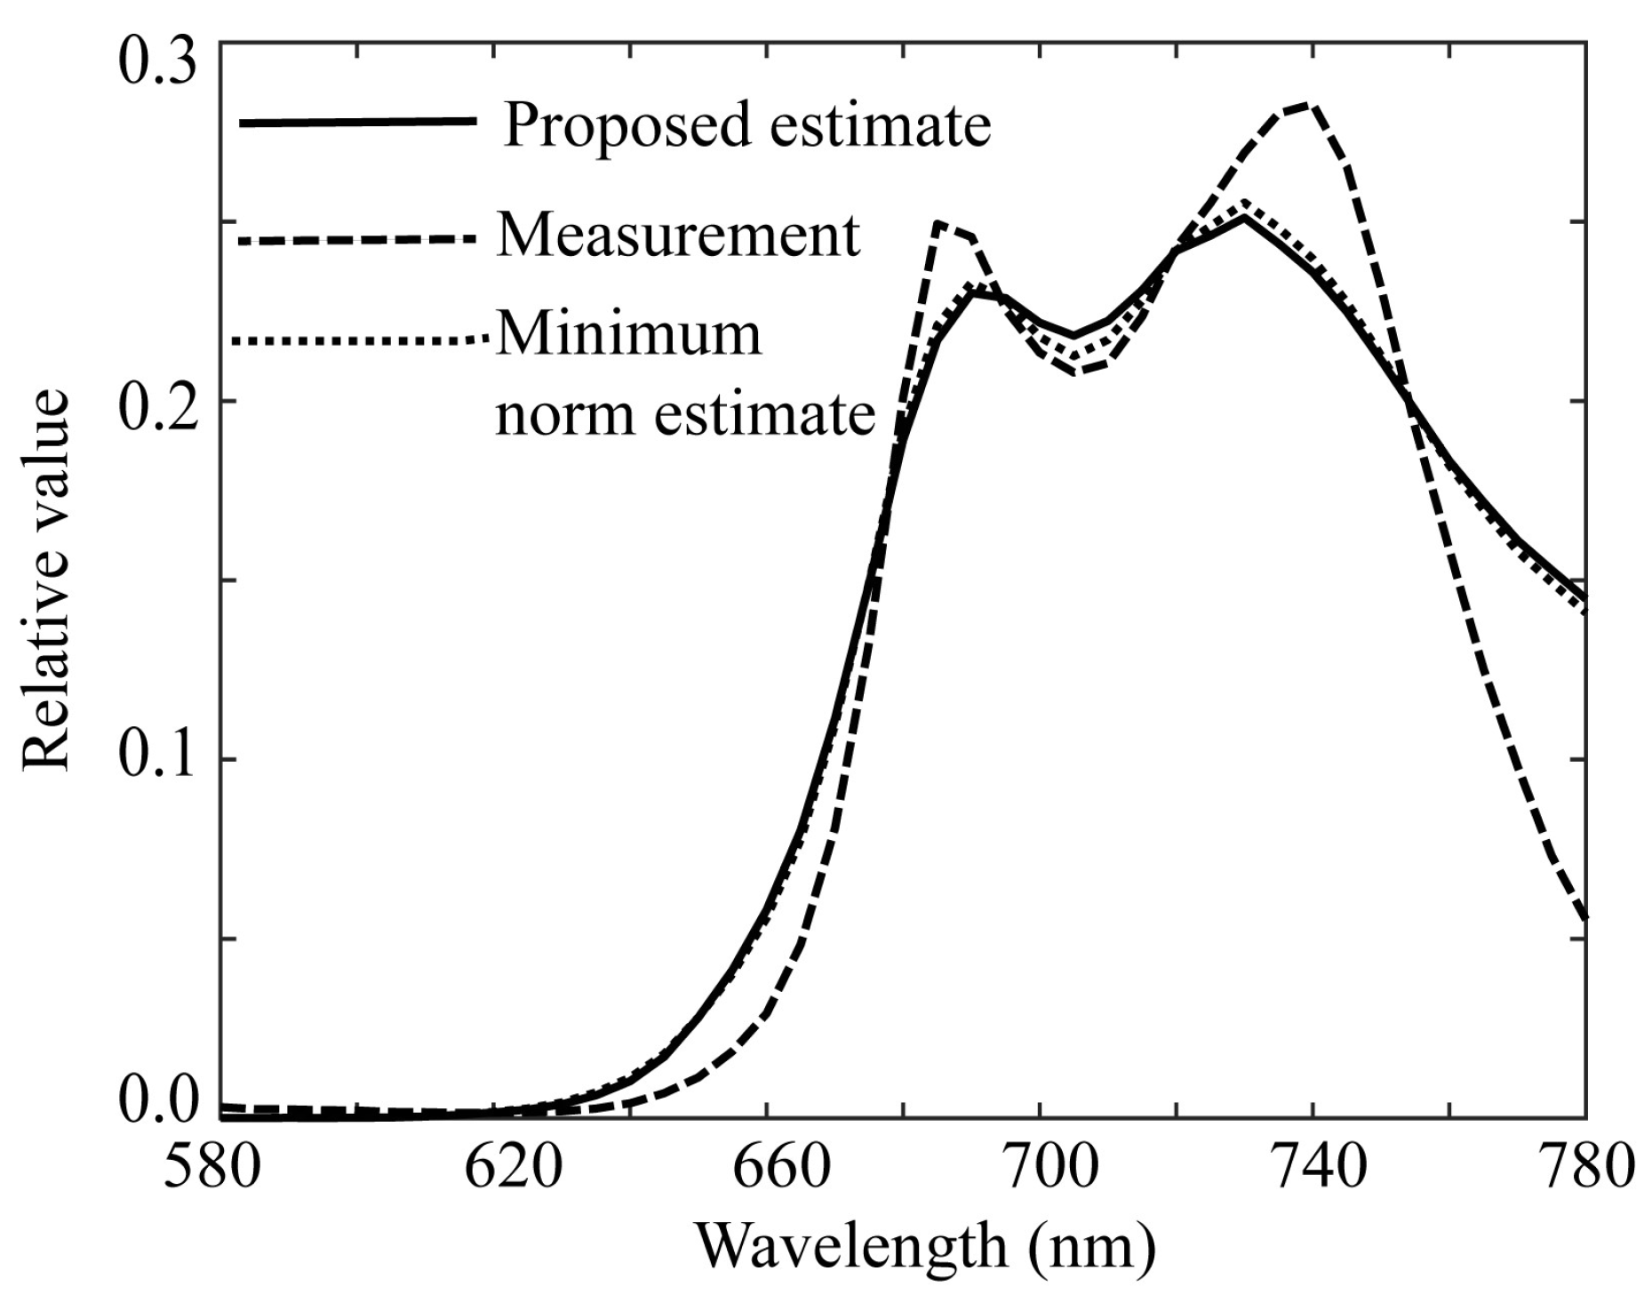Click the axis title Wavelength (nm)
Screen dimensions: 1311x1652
924,1247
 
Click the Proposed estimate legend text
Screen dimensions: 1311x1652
746,124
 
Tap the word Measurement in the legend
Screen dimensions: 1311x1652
678,236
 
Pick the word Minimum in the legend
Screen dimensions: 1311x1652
628,335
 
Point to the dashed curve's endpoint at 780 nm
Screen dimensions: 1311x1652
1585,918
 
